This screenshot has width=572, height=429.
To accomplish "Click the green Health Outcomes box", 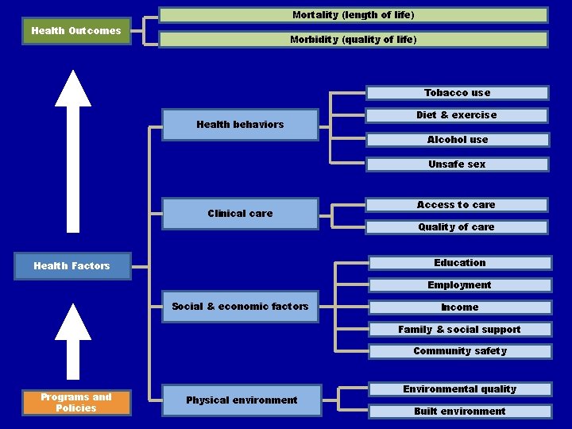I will [x=75, y=31].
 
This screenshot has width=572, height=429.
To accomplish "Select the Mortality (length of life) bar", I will [x=353, y=15].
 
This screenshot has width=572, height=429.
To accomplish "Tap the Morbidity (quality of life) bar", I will [x=353, y=40].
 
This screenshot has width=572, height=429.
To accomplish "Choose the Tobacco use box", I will [x=457, y=93].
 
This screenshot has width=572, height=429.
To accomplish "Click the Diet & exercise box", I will [x=457, y=115].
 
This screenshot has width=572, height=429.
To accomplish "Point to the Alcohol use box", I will [x=457, y=140].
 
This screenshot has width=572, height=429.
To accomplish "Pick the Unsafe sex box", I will [x=457, y=164].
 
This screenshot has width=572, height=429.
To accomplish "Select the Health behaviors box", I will [x=240, y=125].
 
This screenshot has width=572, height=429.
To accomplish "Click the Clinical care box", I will [x=240, y=213].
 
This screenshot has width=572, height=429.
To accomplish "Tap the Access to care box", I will [x=456, y=205].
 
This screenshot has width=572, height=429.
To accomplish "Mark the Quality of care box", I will [x=456, y=227].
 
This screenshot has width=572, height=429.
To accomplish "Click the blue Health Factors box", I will [x=71, y=266].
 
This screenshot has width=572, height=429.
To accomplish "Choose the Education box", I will [x=459, y=263].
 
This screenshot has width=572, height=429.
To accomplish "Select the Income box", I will [x=459, y=307].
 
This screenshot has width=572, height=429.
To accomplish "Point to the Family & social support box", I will [x=459, y=330].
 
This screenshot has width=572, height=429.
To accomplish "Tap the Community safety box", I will [x=459, y=351].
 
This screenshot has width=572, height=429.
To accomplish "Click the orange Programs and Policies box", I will [x=75, y=403].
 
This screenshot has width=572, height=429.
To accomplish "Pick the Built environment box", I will [x=459, y=412].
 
